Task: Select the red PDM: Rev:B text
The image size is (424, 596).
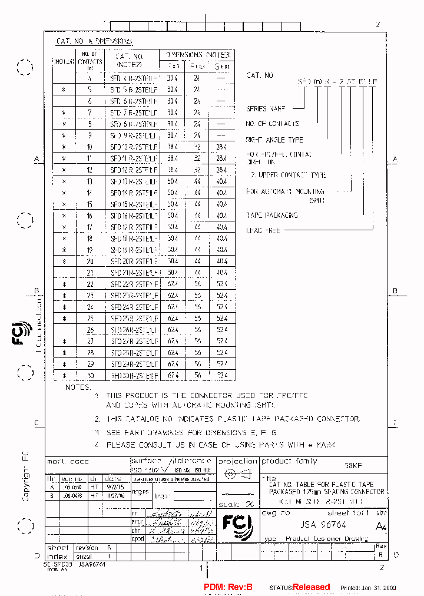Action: [228, 587]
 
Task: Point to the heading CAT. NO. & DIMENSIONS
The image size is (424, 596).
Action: [94, 41]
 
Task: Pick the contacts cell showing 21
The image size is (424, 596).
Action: [90, 273]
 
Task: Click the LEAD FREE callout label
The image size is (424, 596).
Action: [263, 230]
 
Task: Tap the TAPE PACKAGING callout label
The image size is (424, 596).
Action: [272, 216]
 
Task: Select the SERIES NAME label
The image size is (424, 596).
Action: [265, 108]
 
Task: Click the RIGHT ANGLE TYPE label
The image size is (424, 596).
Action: [274, 140]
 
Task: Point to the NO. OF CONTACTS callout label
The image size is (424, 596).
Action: [272, 124]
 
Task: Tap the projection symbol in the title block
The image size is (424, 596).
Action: [238, 474]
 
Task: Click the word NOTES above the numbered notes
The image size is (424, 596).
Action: [78, 388]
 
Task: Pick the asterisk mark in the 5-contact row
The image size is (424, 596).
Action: [64, 90]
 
